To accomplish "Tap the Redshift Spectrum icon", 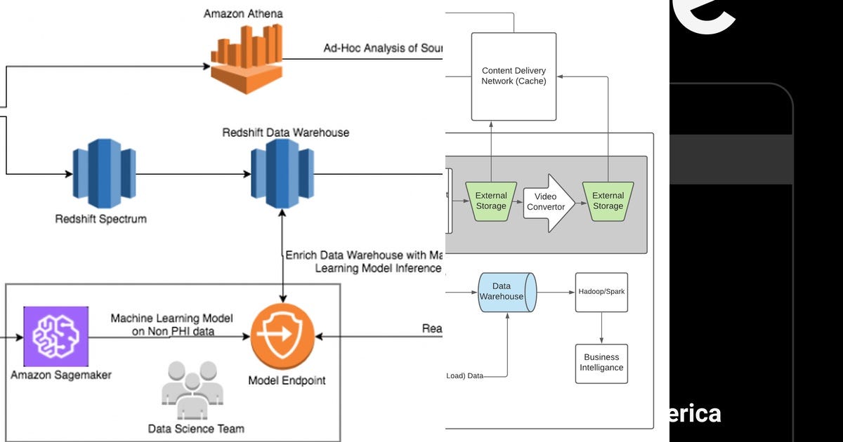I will coord(103,174).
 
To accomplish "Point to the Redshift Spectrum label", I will coord(101,219).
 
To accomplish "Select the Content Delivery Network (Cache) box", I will coord(514,76).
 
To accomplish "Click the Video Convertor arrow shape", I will coord(548,202).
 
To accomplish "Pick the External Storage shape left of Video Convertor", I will coord(491,201).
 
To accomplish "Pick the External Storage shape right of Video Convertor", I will coord(608,201).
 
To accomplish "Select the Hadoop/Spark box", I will coord(601,292).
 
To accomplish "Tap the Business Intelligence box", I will coord(601,363).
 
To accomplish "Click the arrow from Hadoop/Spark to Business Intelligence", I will coord(601,328).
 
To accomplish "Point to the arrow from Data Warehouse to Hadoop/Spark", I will coord(555,292).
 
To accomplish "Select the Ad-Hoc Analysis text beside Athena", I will coord(383,48).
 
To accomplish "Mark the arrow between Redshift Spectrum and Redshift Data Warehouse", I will coord(192,173).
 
